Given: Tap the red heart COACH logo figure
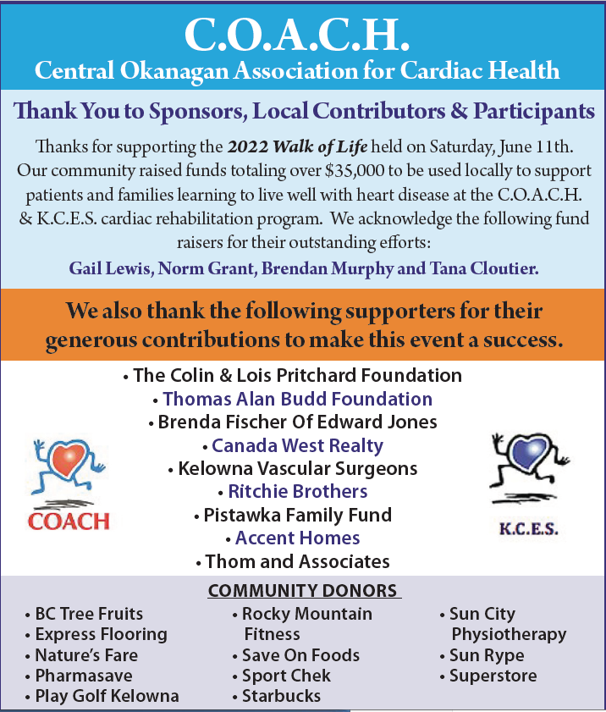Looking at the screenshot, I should [x=67, y=471].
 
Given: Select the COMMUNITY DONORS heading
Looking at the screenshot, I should [x=302, y=590].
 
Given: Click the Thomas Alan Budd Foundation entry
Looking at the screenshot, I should [x=297, y=399].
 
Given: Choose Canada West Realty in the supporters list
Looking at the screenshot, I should [x=297, y=445].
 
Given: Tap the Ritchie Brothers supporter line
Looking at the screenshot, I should [x=297, y=491].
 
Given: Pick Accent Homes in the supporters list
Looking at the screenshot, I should [x=297, y=538].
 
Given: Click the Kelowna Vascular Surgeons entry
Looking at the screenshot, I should [x=297, y=468].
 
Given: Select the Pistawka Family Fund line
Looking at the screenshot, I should [x=297, y=515].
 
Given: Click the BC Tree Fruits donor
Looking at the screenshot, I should [x=89, y=614].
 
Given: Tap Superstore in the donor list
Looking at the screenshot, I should [x=493, y=676].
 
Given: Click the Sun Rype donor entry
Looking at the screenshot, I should [x=486, y=655].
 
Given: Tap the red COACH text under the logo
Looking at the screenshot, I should [x=69, y=520].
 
